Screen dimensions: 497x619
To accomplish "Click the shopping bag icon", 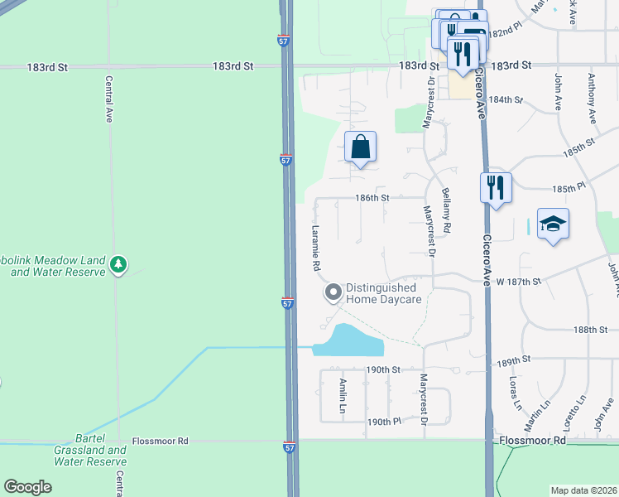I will click(x=360, y=148).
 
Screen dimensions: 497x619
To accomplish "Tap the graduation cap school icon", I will click(x=553, y=224).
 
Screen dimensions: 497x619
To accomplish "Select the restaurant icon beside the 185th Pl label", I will click(x=496, y=187).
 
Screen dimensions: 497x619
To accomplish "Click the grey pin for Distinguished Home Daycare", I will click(x=333, y=292).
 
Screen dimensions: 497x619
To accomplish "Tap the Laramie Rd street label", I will click(x=315, y=248).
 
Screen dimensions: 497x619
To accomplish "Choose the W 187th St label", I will click(x=518, y=282).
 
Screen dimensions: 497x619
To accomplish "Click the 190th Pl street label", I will click(x=384, y=422).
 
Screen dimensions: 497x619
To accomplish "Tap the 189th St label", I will click(x=514, y=361).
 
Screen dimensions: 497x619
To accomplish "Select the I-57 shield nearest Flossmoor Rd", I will click(x=288, y=446).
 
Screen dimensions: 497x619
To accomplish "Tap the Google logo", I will click(x=27, y=487).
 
